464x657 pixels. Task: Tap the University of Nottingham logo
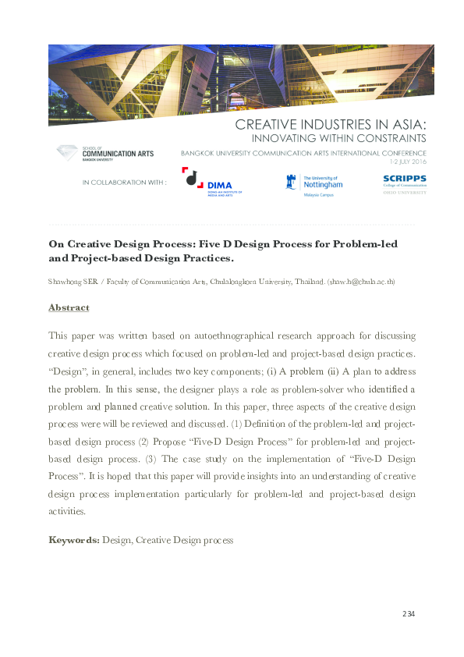tap(313, 183)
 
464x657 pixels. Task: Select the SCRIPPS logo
tap(404, 183)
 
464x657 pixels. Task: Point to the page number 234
tap(408, 614)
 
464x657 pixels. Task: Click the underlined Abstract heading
tap(69, 307)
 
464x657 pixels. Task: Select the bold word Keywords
tap(73, 539)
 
